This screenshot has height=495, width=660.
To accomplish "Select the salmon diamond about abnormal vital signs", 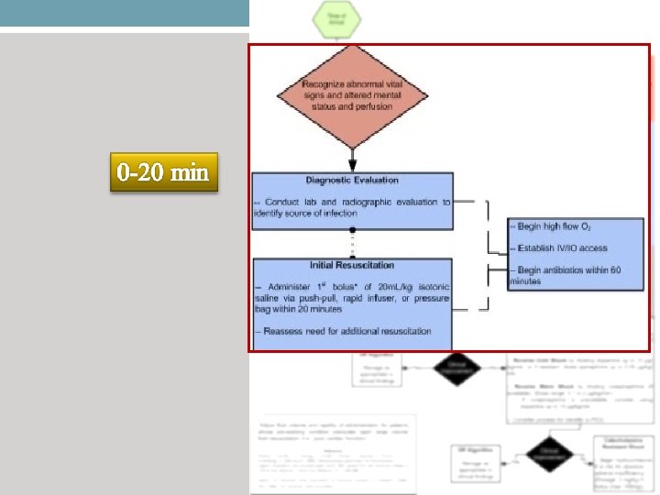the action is [x=353, y=98].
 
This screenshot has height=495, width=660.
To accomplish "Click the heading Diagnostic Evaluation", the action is [x=352, y=181].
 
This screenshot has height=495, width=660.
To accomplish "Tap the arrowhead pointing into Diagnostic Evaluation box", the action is [x=352, y=167].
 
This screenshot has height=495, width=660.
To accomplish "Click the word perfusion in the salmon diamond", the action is [x=373, y=106].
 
